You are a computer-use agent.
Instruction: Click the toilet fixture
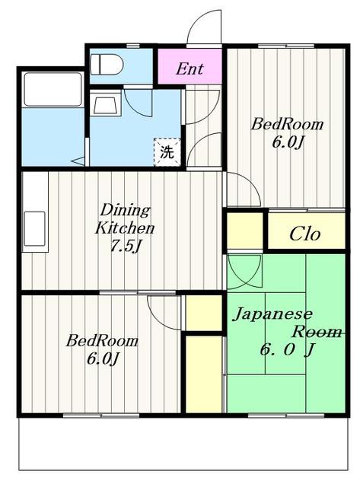pos(107,65)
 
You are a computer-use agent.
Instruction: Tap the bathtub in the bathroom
pos(53,90)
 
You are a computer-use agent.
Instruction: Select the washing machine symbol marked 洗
pos(167,152)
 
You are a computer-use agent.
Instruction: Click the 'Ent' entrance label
pos(190,69)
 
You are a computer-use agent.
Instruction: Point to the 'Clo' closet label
pos(304,234)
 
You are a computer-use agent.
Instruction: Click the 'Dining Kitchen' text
pos(125,219)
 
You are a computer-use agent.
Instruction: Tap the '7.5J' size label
pos(126,247)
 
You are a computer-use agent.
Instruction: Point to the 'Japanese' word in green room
pos(272,314)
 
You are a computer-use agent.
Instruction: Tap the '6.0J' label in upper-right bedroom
pos(288,142)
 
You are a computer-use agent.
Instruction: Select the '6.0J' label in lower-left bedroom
pos(103,359)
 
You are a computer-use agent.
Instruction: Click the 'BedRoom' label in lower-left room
pos(102,341)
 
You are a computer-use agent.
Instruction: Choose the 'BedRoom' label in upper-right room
pos(288,124)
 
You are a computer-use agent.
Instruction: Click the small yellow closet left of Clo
pos(245,231)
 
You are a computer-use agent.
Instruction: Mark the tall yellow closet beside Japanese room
pos(204,374)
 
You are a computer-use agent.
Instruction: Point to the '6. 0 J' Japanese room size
pos(288,350)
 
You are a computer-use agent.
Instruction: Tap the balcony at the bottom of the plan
pos(183,444)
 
